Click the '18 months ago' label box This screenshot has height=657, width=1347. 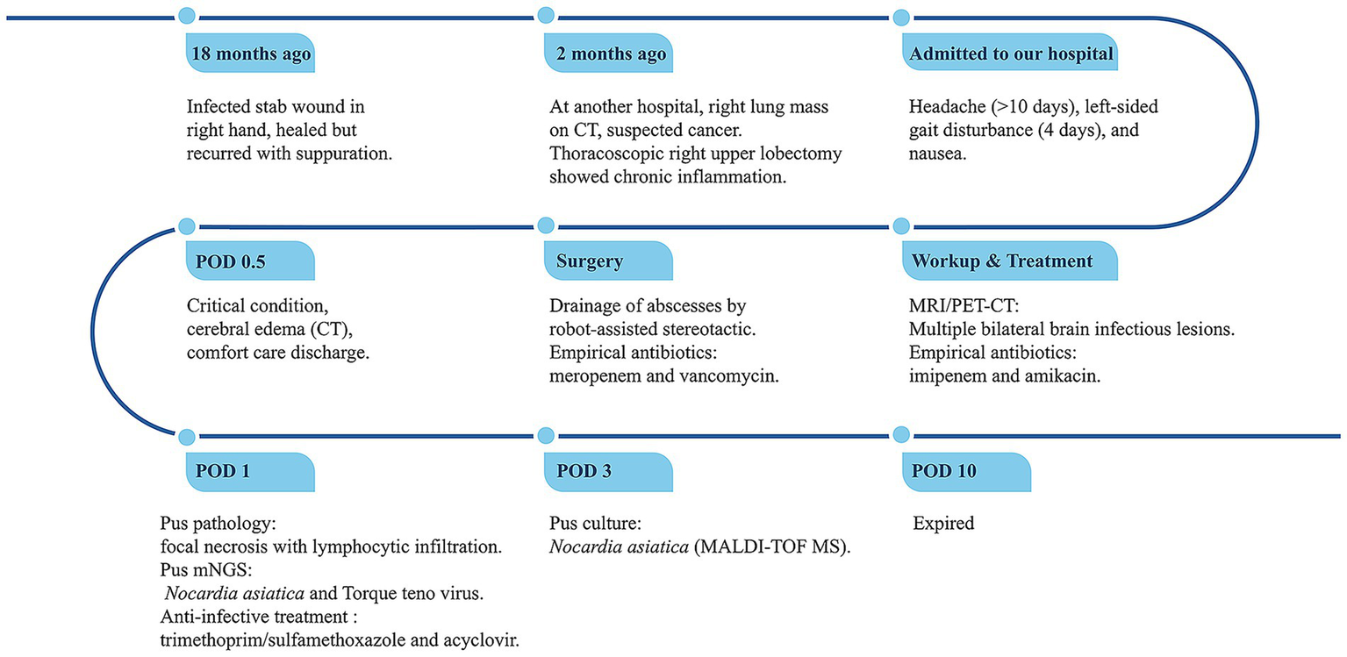tap(250, 54)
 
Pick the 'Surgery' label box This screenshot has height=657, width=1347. tap(608, 261)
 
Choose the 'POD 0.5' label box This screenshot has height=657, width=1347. tap(250, 261)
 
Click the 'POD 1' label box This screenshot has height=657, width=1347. tap(250, 471)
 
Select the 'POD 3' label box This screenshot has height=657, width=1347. tap(608, 471)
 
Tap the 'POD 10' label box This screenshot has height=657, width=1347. tap(966, 471)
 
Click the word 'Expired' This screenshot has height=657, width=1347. tap(944, 524)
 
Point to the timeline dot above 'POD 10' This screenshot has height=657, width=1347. tap(902, 435)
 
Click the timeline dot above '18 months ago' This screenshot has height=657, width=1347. tap(186, 16)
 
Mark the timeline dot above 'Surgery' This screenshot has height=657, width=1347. tap(545, 225)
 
